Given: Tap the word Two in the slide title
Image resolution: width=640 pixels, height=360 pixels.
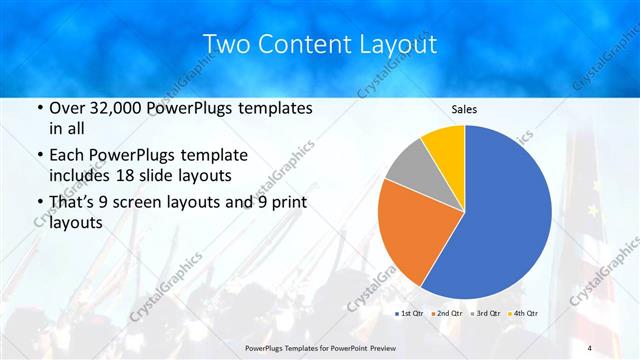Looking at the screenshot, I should (x=225, y=45).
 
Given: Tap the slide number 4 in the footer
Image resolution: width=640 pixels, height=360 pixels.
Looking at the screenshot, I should (x=590, y=347).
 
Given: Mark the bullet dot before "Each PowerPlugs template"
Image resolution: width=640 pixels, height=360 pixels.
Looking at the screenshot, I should (x=39, y=156).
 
